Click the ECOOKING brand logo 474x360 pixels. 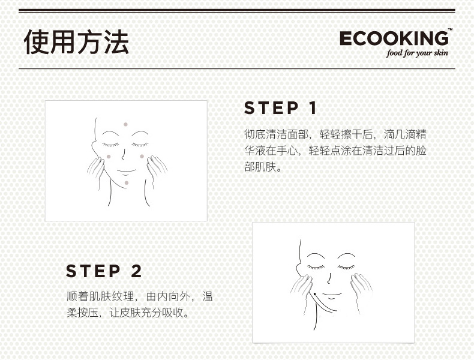[x=394, y=38]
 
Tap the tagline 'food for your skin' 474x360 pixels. [x=417, y=53]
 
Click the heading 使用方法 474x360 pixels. [x=76, y=42]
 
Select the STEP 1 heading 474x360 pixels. [x=281, y=108]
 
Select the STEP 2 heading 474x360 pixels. [x=104, y=271]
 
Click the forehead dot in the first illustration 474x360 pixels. [x=125, y=124]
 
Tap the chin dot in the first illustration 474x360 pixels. [x=127, y=182]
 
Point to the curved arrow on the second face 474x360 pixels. [x=323, y=302]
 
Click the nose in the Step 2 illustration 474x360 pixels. [x=329, y=278]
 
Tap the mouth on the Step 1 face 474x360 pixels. [x=126, y=172]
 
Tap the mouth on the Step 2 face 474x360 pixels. [x=332, y=295]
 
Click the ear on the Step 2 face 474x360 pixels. [x=299, y=269]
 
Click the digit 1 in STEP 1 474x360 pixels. [x=313, y=108]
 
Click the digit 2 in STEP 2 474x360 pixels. [x=136, y=271]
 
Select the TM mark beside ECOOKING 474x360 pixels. [x=450, y=29]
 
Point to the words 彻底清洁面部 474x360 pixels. [x=276, y=134]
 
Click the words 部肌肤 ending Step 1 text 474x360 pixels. [x=260, y=167]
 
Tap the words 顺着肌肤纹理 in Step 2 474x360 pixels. [x=100, y=296]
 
